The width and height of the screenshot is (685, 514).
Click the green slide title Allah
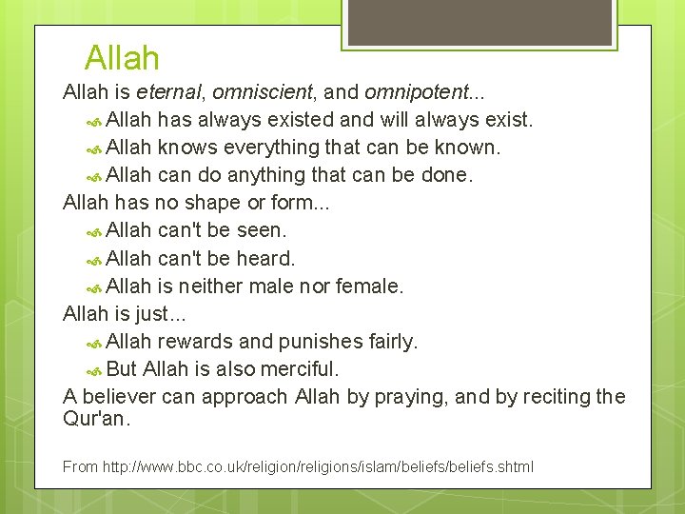[122, 58]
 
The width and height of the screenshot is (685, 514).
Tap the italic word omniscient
[262, 92]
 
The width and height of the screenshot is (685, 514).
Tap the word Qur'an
[96, 418]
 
